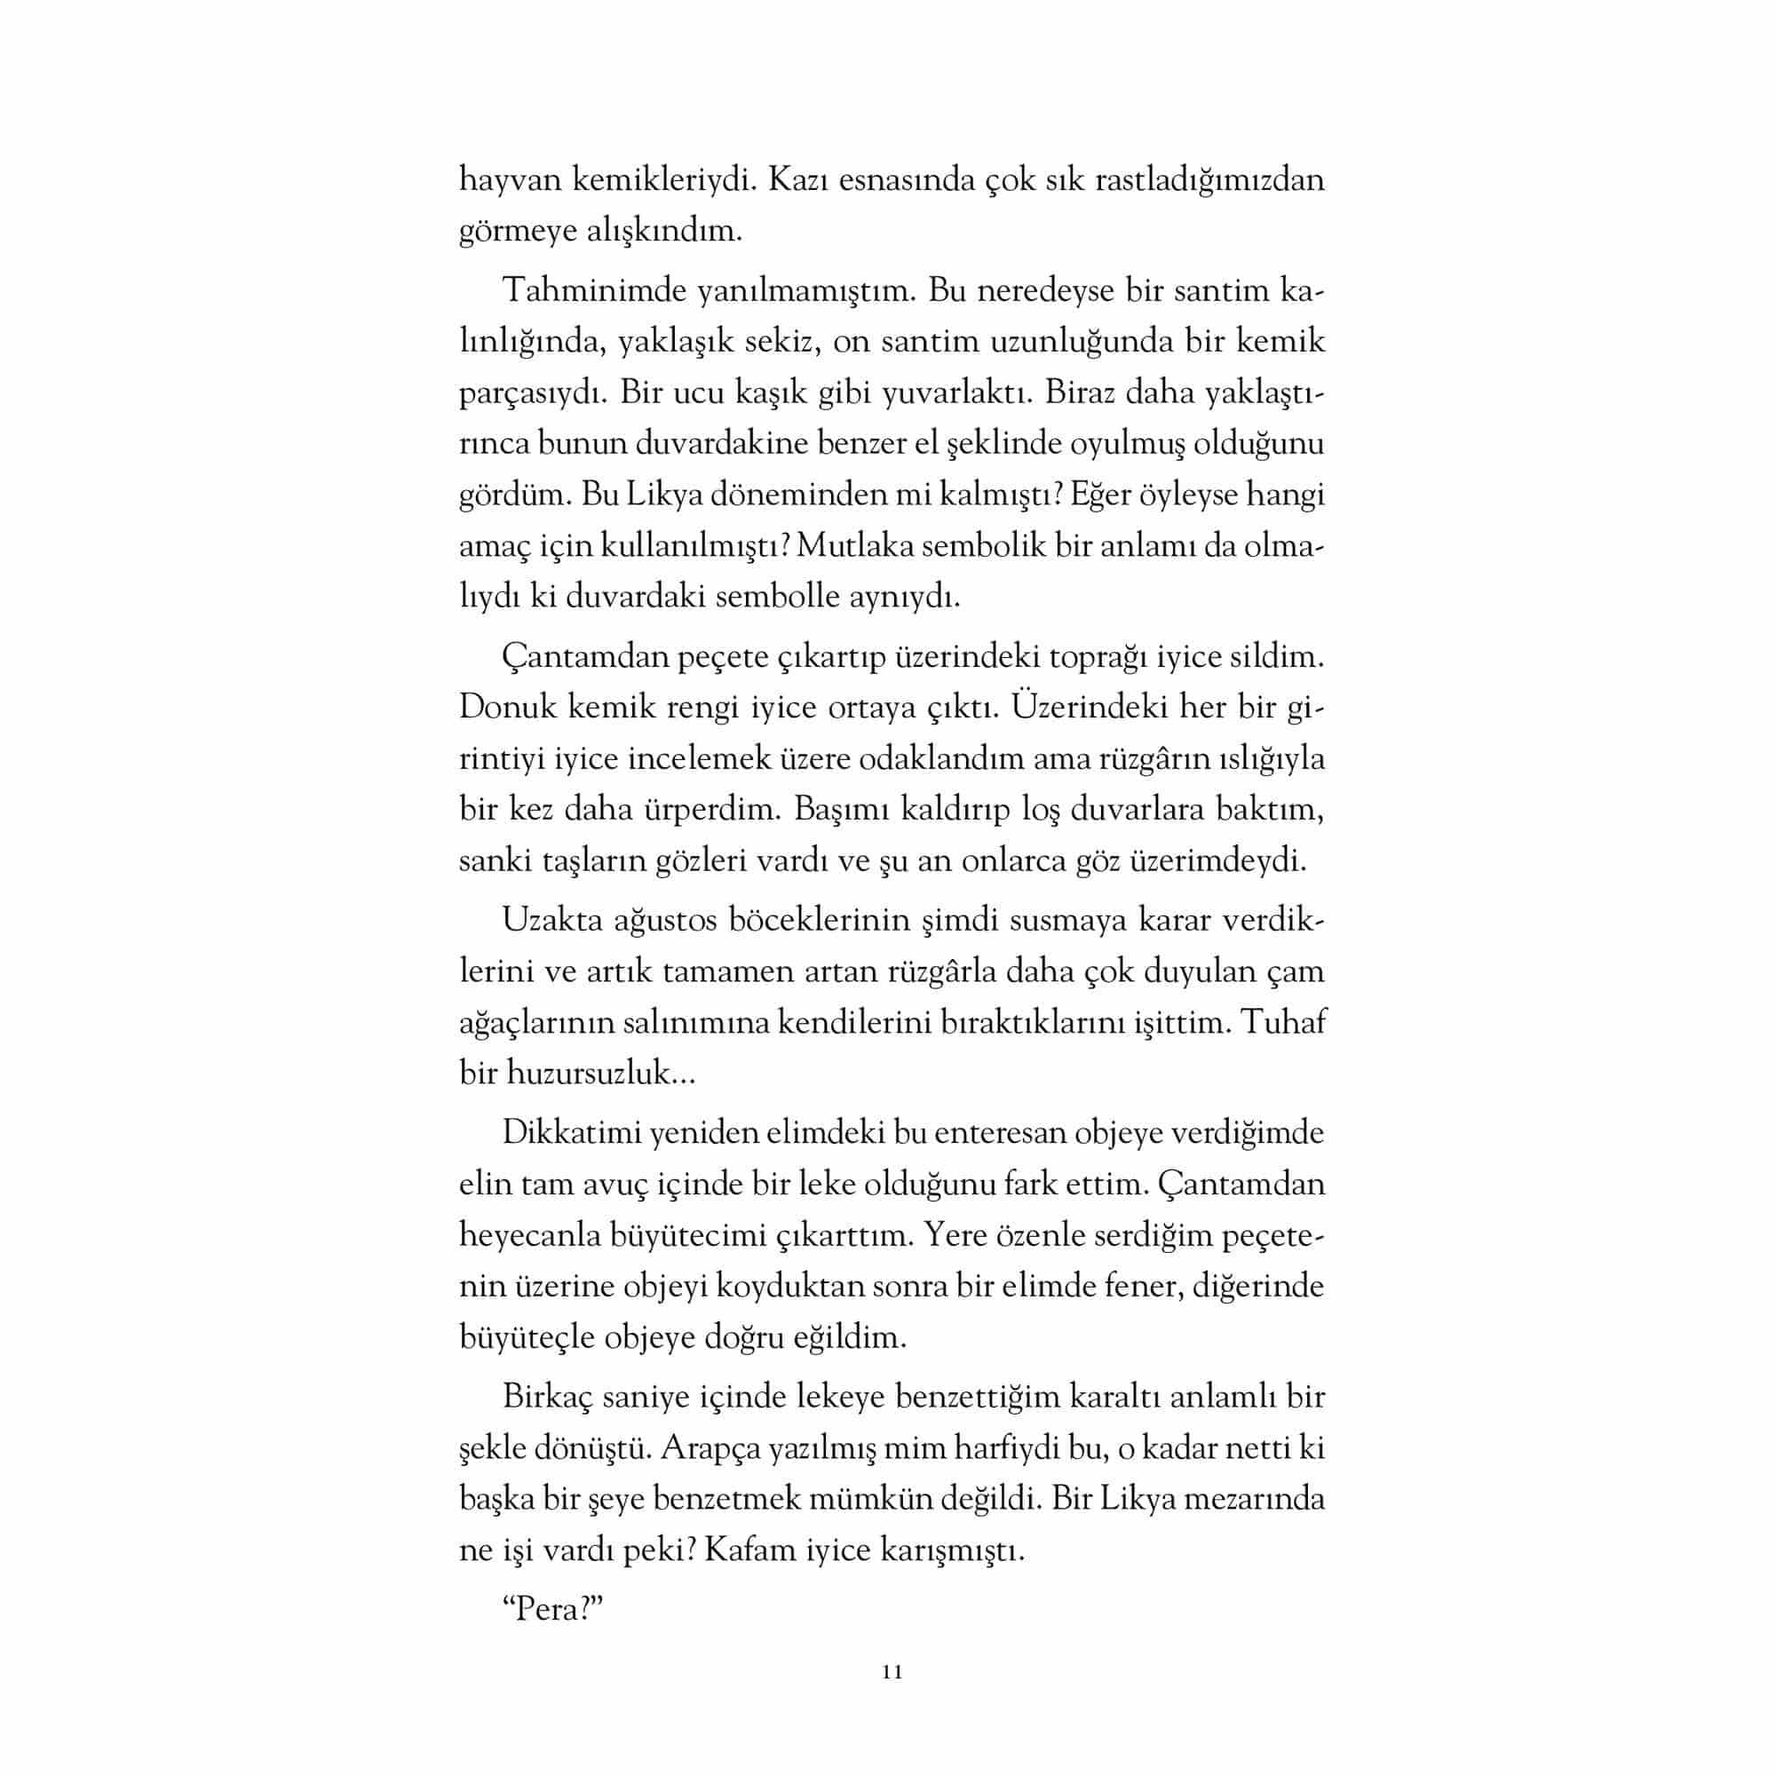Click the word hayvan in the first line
click(509, 180)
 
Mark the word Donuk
click(506, 708)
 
